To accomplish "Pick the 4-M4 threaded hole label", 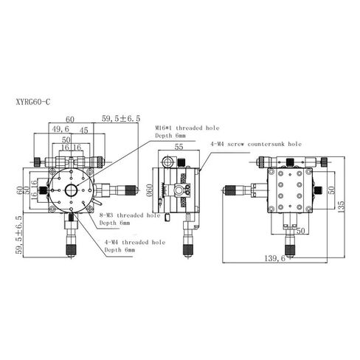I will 135,242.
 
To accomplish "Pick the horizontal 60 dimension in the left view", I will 70,119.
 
